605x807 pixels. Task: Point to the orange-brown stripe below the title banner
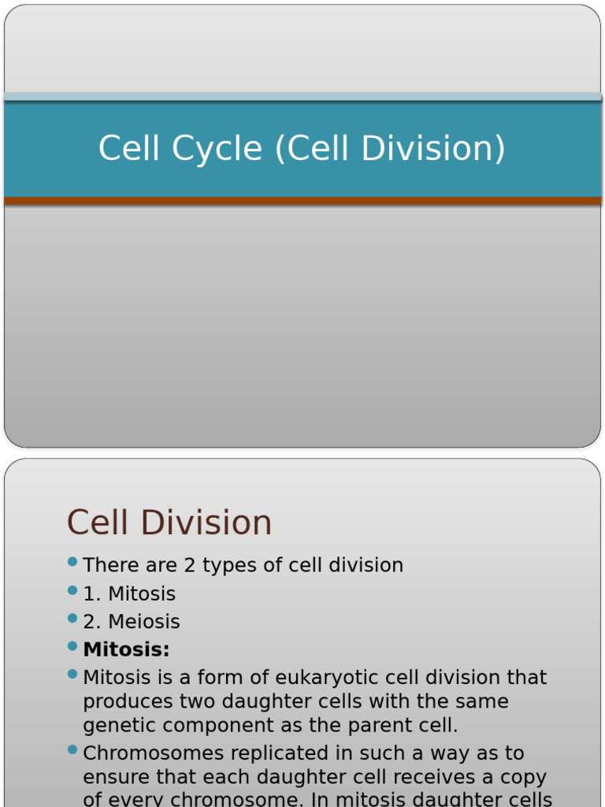(x=302, y=201)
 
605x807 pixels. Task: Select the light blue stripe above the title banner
(x=302, y=97)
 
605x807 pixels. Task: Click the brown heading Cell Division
(x=169, y=523)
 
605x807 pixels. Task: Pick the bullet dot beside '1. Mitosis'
(x=72, y=590)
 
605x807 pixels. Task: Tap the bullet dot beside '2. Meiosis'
(x=72, y=619)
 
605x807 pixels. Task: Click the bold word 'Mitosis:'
(x=126, y=649)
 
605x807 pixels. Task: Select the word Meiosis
(x=143, y=622)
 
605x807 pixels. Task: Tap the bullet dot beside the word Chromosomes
(x=72, y=750)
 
